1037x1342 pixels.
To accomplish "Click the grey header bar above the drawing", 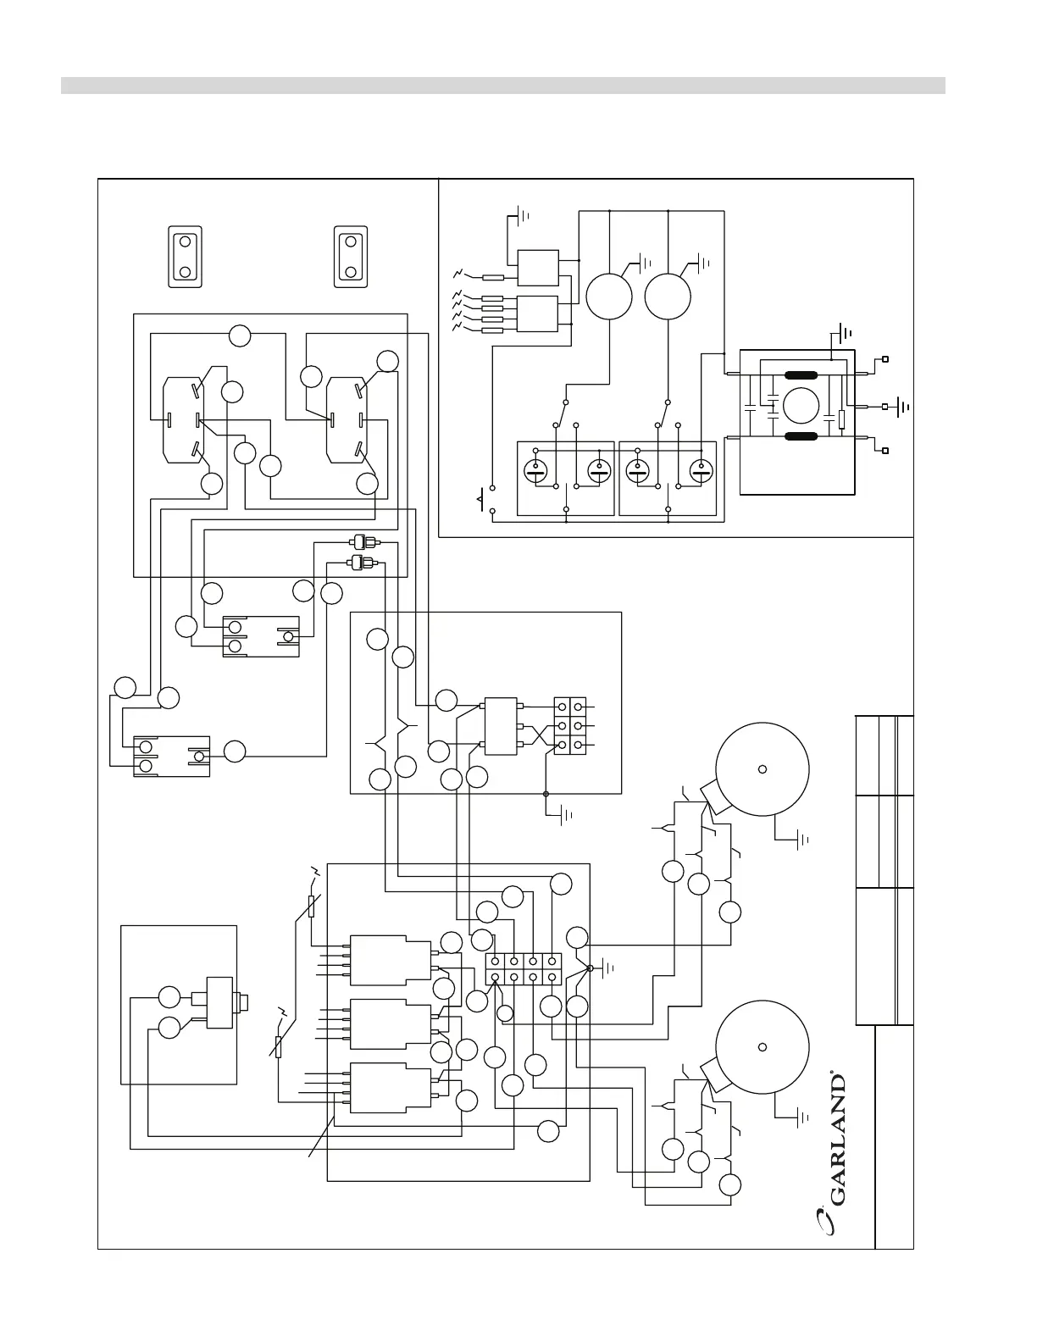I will coord(502,86).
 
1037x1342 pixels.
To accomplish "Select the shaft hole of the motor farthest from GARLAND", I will coord(762,768).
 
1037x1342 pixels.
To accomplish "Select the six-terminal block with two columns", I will coord(569,725).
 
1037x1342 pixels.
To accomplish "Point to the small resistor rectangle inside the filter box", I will coord(840,419).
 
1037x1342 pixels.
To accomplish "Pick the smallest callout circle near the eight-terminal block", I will coord(504,1013).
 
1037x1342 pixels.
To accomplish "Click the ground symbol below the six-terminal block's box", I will coord(565,816).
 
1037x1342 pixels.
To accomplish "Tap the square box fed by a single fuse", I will coord(537,268).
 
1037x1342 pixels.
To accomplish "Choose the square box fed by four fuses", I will coord(537,313).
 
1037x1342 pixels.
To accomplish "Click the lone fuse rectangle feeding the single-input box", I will coord(493,277).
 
